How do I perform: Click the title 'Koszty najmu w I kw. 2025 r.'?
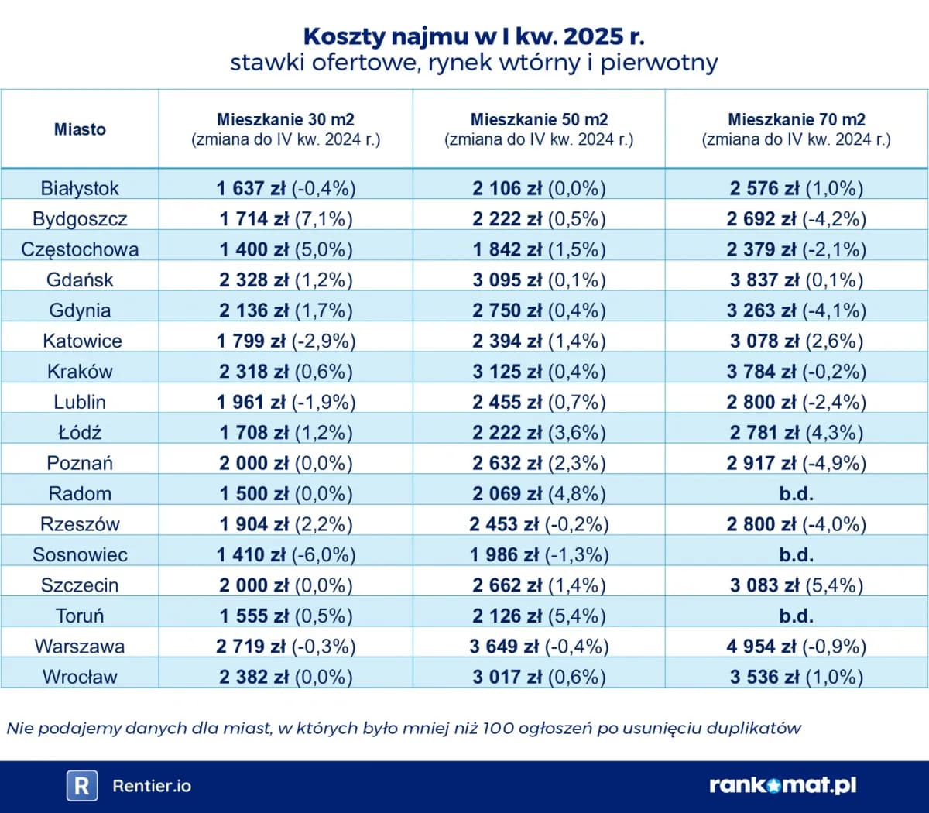click(473, 36)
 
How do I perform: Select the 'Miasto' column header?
click(80, 129)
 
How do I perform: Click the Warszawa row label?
click(79, 646)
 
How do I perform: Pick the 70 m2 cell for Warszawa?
click(796, 646)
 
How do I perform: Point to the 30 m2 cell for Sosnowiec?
click(286, 554)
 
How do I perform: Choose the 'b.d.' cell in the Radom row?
click(796, 493)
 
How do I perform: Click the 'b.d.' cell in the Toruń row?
click(796, 616)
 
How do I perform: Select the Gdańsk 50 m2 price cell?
click(539, 280)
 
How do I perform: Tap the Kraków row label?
click(80, 371)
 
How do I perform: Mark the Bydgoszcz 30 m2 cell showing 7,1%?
click(286, 218)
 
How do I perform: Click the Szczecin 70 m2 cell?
click(796, 585)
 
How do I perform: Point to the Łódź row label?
click(80, 432)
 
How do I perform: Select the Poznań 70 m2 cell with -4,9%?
click(796, 463)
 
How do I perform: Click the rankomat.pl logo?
click(783, 785)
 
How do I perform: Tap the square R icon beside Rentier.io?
click(81, 785)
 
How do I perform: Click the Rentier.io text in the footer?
click(152, 786)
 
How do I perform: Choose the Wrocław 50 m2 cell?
click(539, 677)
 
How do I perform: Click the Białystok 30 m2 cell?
click(286, 188)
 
